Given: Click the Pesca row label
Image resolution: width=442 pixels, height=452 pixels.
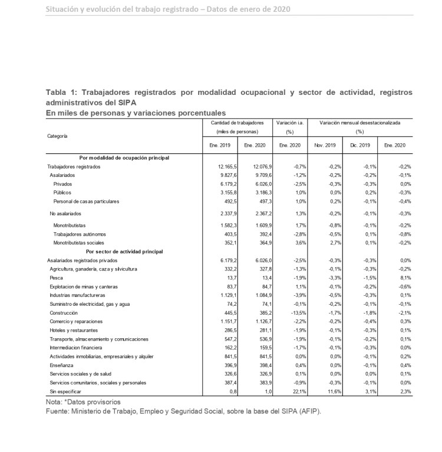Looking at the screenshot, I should point(57,277).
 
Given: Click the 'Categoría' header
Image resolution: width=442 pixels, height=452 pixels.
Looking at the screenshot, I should point(57,136).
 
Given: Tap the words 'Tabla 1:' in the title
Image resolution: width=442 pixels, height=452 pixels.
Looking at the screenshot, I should point(61,93).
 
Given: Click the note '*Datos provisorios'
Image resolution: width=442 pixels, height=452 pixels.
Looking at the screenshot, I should point(95,401).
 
